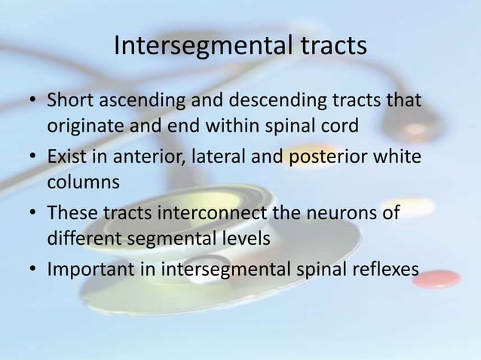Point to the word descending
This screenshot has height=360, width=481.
(x=271, y=101)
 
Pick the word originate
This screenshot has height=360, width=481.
(x=81, y=125)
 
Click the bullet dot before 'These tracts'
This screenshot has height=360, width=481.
(x=32, y=214)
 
